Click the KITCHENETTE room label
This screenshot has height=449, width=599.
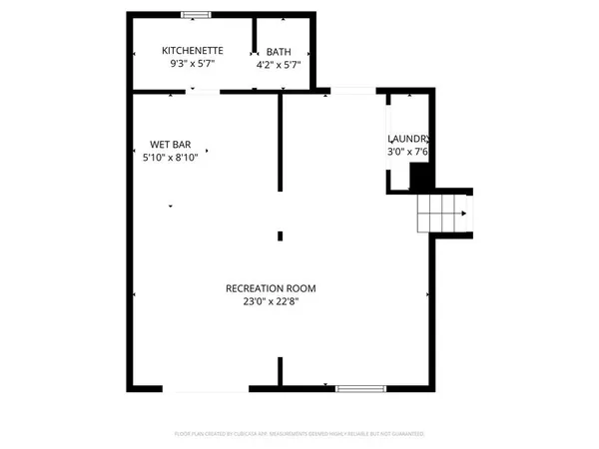[x=193, y=51]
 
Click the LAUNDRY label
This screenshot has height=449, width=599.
[x=409, y=140]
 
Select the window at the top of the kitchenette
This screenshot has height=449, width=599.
[x=196, y=14]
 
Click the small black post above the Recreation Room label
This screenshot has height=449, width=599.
[x=281, y=235]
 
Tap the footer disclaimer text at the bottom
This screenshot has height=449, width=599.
[x=299, y=435]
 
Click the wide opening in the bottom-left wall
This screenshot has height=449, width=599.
[x=206, y=387]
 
